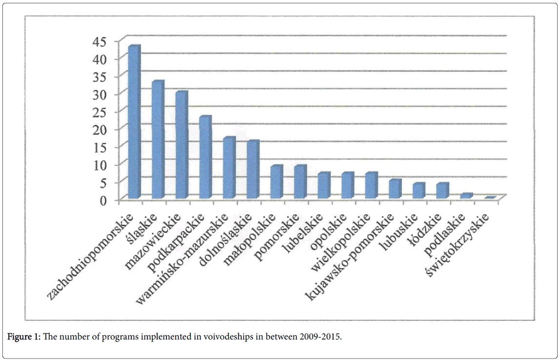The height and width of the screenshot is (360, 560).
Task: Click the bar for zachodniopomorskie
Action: coord(133,122)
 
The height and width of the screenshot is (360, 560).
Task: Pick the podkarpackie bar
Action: coord(205,157)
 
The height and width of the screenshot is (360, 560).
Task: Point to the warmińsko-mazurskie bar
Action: coord(228,168)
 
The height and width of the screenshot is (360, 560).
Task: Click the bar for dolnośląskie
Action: coord(252,169)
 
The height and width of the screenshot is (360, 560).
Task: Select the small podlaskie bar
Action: coord(466,196)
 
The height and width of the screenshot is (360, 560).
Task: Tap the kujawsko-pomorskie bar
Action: coord(394,189)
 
